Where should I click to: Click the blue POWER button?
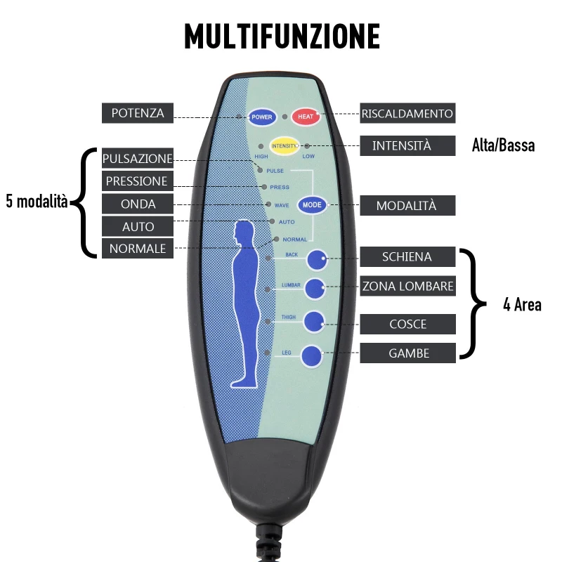[261, 117]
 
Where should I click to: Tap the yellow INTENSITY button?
[285, 145]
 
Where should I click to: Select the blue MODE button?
[312, 205]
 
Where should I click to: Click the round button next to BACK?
[317, 259]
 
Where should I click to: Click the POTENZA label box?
[138, 113]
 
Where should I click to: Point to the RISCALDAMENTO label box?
[407, 113]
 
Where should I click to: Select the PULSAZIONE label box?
[138, 158]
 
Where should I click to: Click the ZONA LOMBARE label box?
[407, 286]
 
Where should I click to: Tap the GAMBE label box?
[407, 353]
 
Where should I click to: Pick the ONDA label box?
[138, 204]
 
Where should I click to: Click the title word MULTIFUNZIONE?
[282, 37]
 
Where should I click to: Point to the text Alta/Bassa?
[503, 146]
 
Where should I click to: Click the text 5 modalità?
[37, 202]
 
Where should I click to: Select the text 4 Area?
[522, 305]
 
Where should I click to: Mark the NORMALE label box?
[138, 249]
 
